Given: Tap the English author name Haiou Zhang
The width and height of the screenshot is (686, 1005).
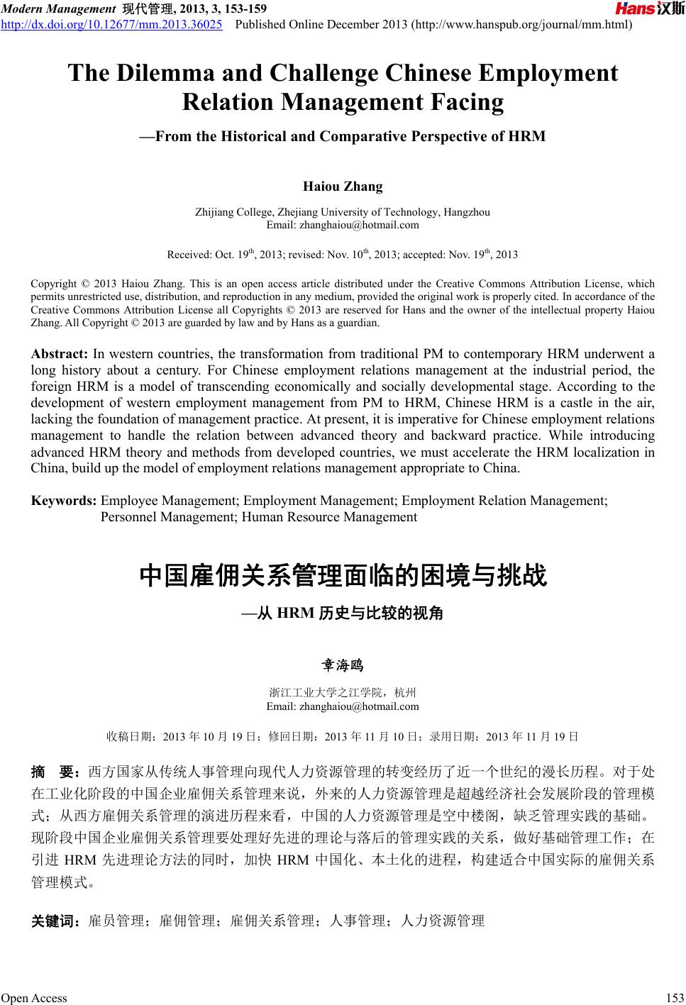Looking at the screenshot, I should tap(343, 187).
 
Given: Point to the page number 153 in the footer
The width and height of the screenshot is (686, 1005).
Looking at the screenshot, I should tap(675, 998).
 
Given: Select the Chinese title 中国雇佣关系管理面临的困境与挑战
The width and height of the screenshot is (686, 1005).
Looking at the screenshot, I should tap(343, 575).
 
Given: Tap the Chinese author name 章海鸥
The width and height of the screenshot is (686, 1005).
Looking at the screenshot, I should tap(343, 665).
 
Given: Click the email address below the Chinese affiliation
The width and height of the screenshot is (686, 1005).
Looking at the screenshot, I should tap(343, 706).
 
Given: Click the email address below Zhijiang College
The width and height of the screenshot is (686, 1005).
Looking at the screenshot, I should tap(343, 225).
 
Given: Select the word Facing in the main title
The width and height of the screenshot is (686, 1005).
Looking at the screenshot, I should tap(464, 102).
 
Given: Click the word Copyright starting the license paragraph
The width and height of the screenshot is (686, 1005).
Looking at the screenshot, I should tap(54, 284).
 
